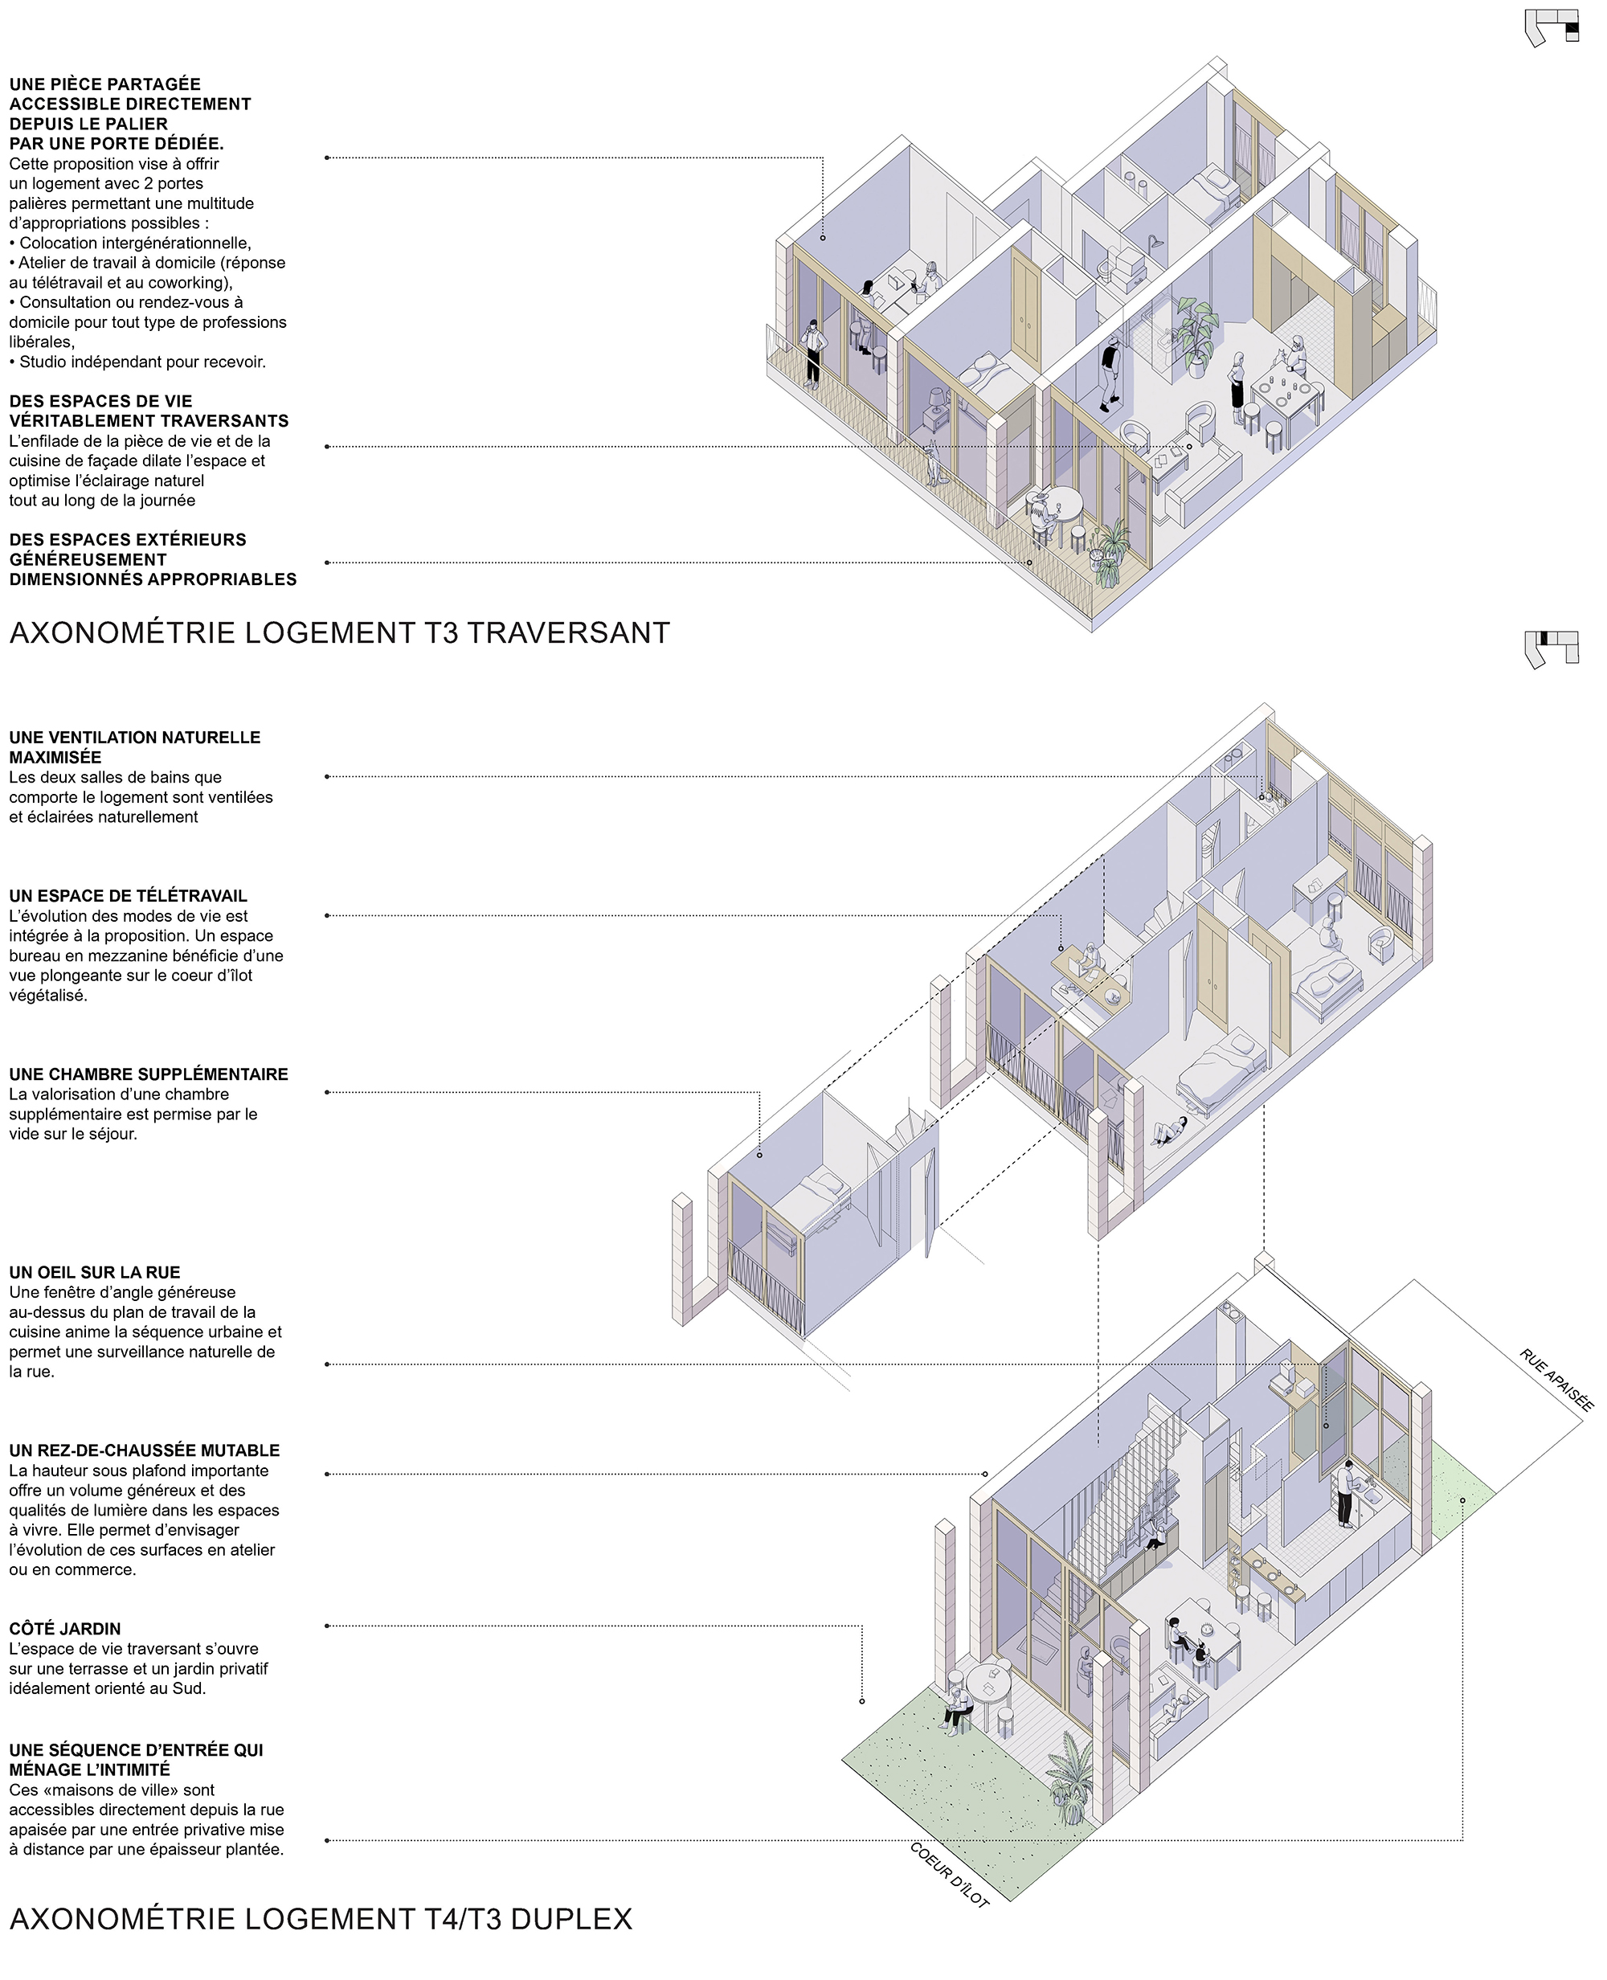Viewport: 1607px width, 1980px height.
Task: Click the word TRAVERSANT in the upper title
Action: point(568,633)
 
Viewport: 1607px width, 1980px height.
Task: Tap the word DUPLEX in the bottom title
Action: point(571,1919)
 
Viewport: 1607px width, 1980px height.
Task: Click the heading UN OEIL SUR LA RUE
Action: point(95,1273)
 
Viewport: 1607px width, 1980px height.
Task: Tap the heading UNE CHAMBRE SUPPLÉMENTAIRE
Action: point(148,1074)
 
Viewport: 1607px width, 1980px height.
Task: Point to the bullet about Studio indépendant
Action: point(138,362)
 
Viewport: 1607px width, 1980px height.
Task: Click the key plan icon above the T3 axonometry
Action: point(1552,28)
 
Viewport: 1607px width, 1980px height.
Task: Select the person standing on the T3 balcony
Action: point(813,353)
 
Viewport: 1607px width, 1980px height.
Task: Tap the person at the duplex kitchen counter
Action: point(1345,1493)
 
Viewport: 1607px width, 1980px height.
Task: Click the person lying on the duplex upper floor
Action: point(1170,1132)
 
